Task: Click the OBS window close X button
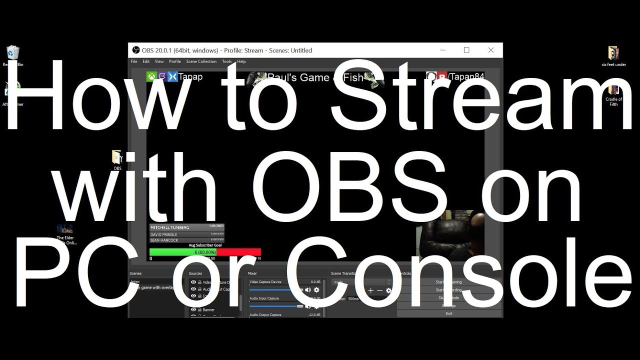coord(491,50)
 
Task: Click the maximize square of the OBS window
coord(466,50)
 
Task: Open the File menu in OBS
coord(134,61)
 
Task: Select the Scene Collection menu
coord(201,61)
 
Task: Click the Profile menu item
coord(175,61)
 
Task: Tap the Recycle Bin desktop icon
coord(13,53)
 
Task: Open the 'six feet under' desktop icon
coord(613,53)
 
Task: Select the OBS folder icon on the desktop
coord(117,157)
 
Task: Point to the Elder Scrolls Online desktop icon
coord(65,229)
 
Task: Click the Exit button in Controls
coord(448,313)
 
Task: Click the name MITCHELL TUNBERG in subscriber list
coord(170,227)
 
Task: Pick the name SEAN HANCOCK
coord(164,240)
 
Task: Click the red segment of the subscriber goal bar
coord(238,252)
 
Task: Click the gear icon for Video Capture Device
coord(316,290)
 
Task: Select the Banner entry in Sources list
coord(208,310)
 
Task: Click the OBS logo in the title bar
coord(135,50)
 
